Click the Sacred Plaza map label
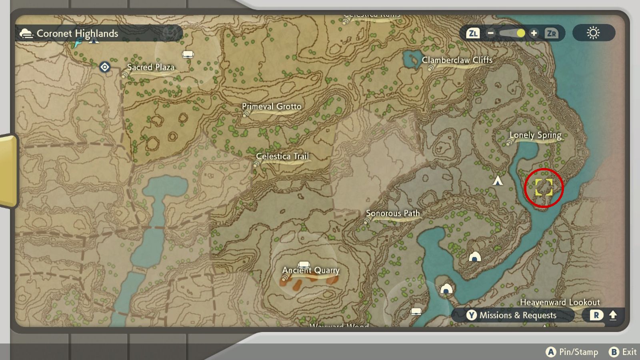(150, 67)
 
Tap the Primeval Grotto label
(272, 107)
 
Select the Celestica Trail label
(282, 156)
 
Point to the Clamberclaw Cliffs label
(457, 60)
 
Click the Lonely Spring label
(535, 135)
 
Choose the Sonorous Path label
(393, 214)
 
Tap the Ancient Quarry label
(311, 270)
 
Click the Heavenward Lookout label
(560, 302)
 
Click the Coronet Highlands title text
(77, 34)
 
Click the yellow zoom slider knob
(520, 33)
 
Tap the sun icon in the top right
(593, 33)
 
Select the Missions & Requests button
(512, 315)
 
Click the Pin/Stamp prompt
(572, 352)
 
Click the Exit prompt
(623, 352)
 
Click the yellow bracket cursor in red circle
(544, 187)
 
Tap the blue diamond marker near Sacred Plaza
(105, 67)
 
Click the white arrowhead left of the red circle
(498, 181)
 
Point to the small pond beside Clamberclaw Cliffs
(411, 60)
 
